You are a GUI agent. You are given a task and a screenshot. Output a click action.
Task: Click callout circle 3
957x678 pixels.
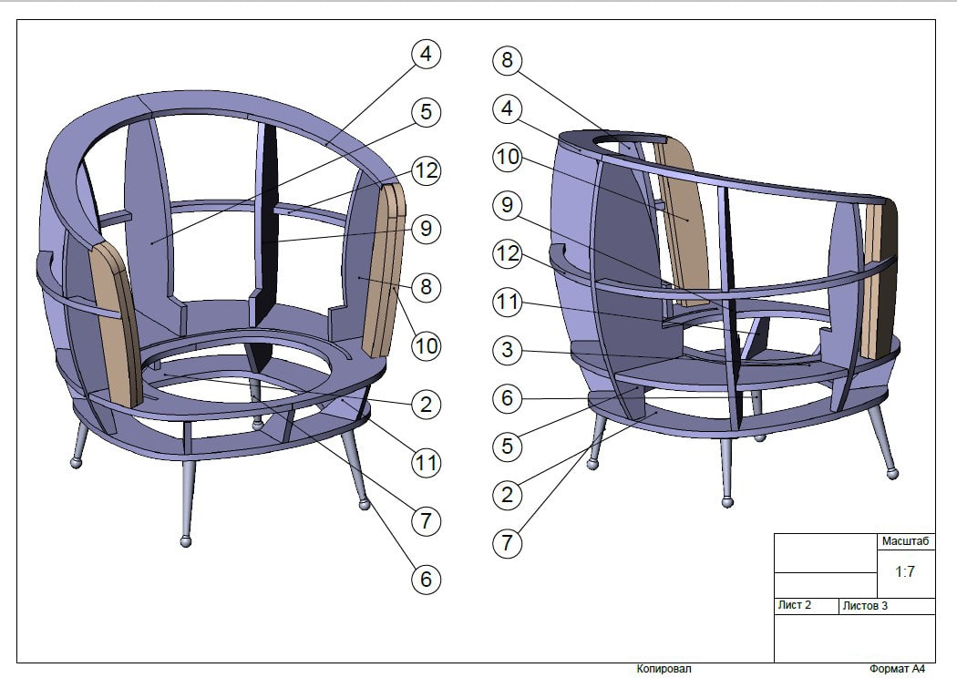tap(507, 350)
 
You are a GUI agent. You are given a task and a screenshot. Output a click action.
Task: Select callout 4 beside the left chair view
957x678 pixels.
tap(426, 54)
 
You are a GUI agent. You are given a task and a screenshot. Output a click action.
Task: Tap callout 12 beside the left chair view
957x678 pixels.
tap(426, 170)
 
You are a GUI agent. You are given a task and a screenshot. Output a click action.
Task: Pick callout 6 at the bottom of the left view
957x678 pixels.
tap(426, 579)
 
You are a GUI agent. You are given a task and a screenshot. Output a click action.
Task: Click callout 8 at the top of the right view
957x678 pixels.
tap(507, 60)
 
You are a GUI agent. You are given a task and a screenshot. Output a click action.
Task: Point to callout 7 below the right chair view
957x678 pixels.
tap(507, 542)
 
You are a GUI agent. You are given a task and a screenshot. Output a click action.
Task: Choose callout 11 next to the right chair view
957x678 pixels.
tap(507, 302)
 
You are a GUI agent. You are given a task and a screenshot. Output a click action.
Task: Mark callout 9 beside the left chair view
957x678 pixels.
tap(426, 228)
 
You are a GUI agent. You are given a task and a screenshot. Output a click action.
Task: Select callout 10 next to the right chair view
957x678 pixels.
tap(507, 157)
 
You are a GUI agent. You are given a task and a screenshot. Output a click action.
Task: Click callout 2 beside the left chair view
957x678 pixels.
tap(426, 404)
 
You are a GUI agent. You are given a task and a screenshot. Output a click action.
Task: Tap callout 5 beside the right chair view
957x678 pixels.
tap(507, 447)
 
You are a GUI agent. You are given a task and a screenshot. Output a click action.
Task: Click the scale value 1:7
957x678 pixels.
tap(905, 571)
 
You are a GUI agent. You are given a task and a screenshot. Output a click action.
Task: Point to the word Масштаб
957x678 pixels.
tap(906, 541)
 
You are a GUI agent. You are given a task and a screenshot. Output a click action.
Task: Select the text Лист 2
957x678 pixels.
tap(795, 605)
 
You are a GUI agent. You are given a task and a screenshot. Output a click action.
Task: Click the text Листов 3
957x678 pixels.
tap(866, 606)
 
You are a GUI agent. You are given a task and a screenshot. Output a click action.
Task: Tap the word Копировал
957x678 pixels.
tap(664, 669)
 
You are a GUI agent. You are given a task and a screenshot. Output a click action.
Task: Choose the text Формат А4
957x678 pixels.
tap(897, 669)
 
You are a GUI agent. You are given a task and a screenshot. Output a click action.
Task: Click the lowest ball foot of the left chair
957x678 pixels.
tap(186, 540)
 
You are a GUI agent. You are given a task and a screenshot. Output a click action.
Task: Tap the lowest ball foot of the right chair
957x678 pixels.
tap(727, 501)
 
